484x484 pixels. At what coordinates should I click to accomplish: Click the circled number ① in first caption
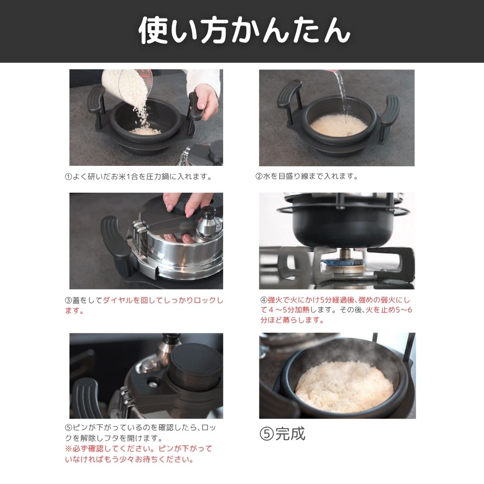tap(69, 177)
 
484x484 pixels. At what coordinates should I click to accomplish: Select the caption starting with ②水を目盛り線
tap(307, 177)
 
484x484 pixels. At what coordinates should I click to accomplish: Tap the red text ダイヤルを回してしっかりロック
tap(163, 300)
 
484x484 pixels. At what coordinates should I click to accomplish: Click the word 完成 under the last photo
tap(290, 434)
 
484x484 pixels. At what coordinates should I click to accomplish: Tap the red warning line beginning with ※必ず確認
tap(139, 449)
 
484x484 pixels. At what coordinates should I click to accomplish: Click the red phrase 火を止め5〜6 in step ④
tap(389, 310)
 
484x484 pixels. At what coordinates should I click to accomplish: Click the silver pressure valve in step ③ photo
tap(209, 222)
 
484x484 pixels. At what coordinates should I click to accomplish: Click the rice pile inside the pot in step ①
tap(146, 131)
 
